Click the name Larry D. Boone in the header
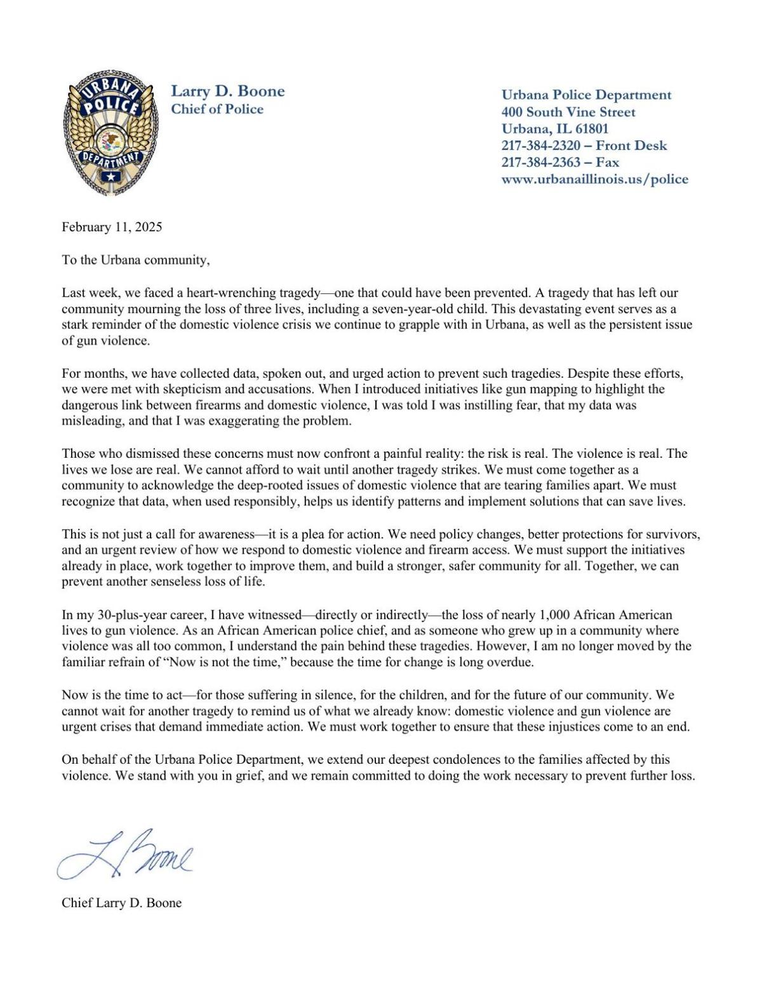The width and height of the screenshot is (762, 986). tap(227, 91)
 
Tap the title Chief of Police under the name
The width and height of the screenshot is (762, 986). tap(217, 109)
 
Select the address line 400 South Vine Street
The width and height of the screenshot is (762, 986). tap(568, 112)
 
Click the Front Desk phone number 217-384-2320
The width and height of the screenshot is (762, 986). tap(540, 145)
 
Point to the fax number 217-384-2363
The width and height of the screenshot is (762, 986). tap(540, 162)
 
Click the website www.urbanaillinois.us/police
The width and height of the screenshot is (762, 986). tap(594, 179)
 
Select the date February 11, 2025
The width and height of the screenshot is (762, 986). tap(112, 227)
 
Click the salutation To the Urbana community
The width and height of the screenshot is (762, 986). tap(135, 260)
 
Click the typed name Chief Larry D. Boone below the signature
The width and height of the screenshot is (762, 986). tap(121, 902)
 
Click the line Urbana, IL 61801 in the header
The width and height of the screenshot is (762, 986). tap(554, 129)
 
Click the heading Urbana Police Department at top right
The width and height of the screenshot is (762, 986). tap(586, 95)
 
